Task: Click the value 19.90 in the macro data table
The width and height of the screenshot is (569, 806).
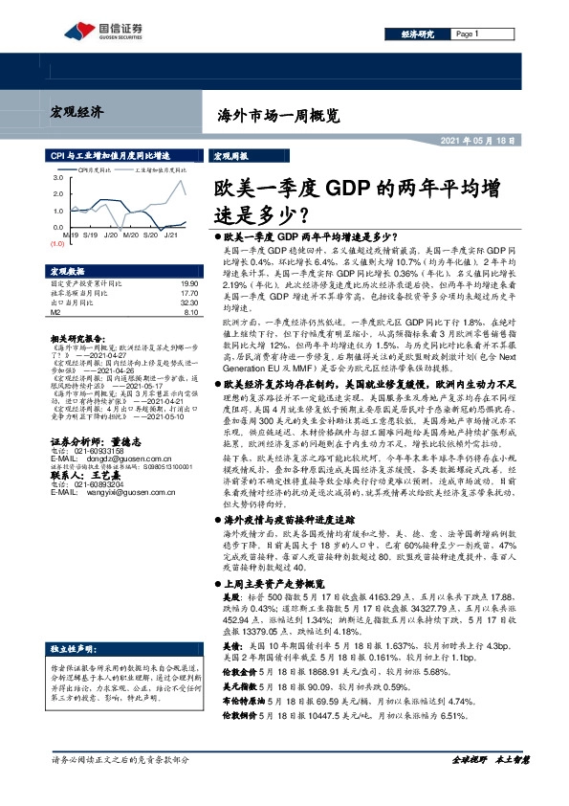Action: (187, 284)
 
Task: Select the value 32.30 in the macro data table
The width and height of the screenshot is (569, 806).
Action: (187, 302)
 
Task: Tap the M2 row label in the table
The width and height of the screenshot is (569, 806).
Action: (55, 311)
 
